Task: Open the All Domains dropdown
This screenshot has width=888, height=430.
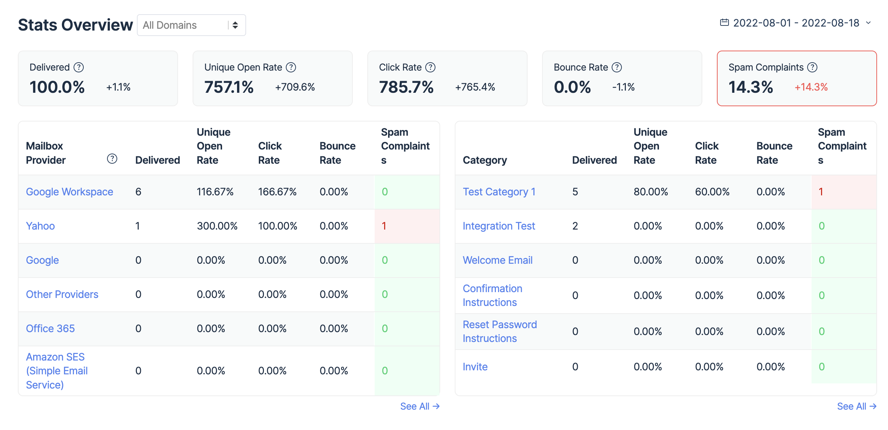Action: [x=191, y=25]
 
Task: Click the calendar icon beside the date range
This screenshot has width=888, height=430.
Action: [x=724, y=23]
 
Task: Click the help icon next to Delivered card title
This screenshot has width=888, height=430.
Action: [x=79, y=67]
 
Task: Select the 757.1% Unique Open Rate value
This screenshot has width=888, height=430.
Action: [x=229, y=87]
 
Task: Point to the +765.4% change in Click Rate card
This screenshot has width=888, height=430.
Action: [x=475, y=87]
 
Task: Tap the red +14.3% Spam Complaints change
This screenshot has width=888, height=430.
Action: [x=811, y=87]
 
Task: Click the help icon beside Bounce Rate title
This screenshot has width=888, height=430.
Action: [x=617, y=67]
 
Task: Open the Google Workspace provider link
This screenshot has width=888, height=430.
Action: [x=70, y=192]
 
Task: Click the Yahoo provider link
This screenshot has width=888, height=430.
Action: [x=40, y=226]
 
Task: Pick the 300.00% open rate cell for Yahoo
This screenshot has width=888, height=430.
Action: [x=217, y=226]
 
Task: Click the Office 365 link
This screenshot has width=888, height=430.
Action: [x=50, y=329]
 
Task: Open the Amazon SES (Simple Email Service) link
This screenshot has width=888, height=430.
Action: [x=57, y=371]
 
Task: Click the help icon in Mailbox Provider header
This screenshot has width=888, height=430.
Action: [x=112, y=159]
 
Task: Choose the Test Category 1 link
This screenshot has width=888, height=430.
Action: [x=499, y=192]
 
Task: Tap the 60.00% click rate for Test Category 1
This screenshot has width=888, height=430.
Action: [x=712, y=192]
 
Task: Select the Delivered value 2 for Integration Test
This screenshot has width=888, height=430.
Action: [x=575, y=226]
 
